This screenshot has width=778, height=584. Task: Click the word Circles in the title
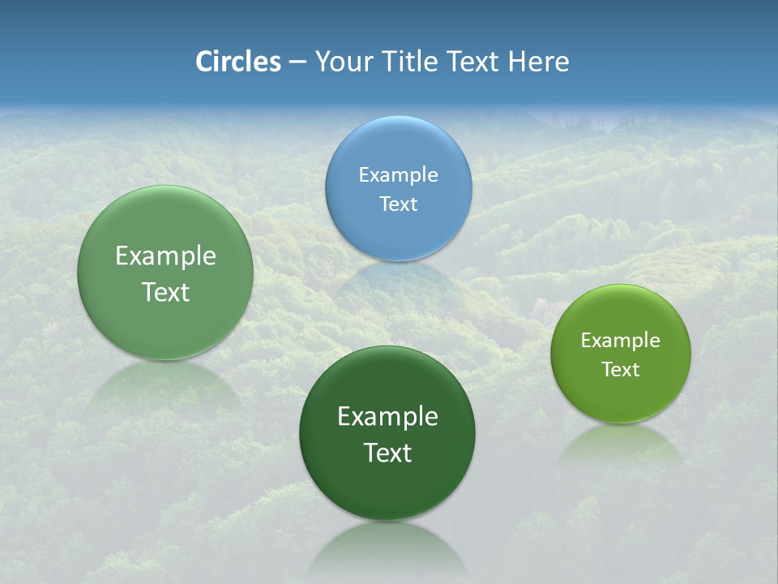[x=237, y=62]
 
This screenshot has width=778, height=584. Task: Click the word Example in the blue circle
[x=398, y=174]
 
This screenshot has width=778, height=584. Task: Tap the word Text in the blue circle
[x=398, y=204]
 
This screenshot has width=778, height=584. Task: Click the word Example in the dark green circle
[x=387, y=416]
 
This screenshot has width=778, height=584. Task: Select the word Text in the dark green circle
[x=387, y=452]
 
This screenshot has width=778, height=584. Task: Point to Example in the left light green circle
[x=165, y=255]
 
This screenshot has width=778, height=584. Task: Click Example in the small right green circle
[x=621, y=340]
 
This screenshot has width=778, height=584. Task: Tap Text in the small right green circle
[x=621, y=369]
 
